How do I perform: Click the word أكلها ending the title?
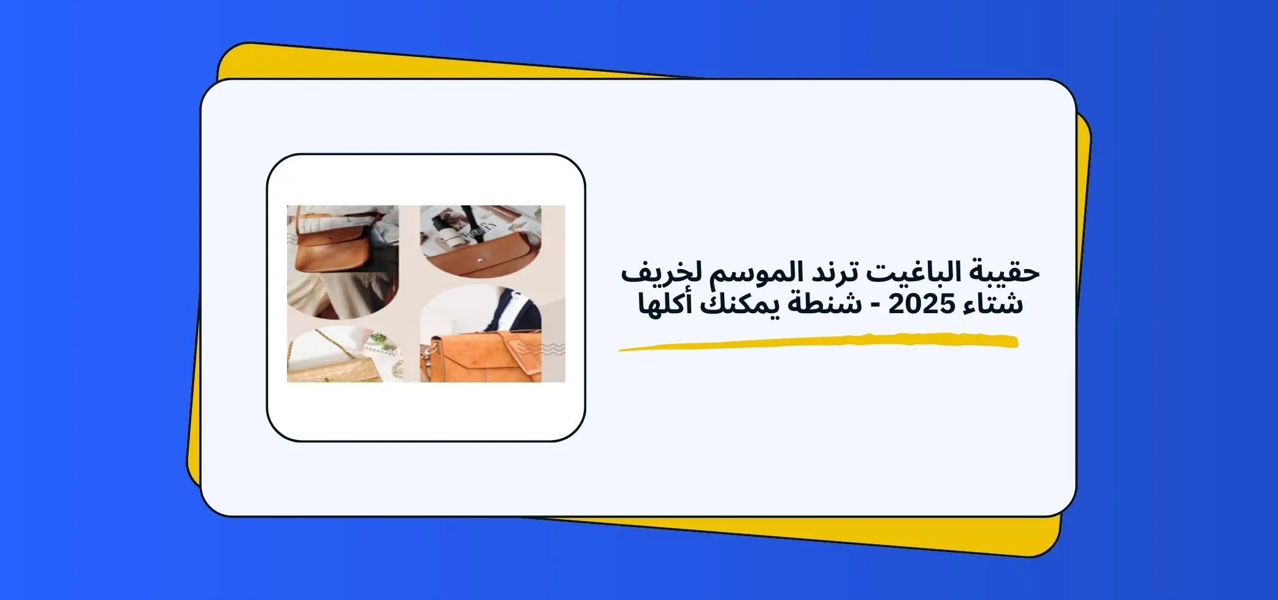pos(665,304)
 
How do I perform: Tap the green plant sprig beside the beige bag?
pos(379,338)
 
